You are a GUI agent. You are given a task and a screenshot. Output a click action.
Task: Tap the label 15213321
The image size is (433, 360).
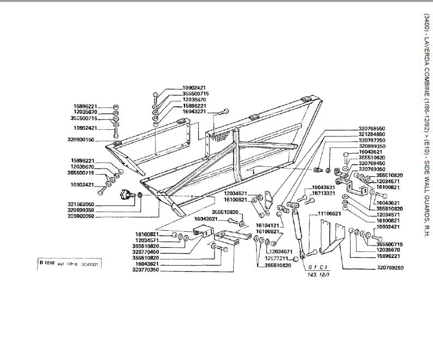pyautogui.click(x=324, y=193)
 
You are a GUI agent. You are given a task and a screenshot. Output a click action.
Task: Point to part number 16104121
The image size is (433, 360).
pyautogui.click(x=268, y=225)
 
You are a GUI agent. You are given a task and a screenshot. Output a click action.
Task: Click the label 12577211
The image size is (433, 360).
pyautogui.click(x=279, y=258)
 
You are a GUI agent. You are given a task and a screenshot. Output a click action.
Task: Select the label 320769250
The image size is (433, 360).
pyautogui.click(x=390, y=268)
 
